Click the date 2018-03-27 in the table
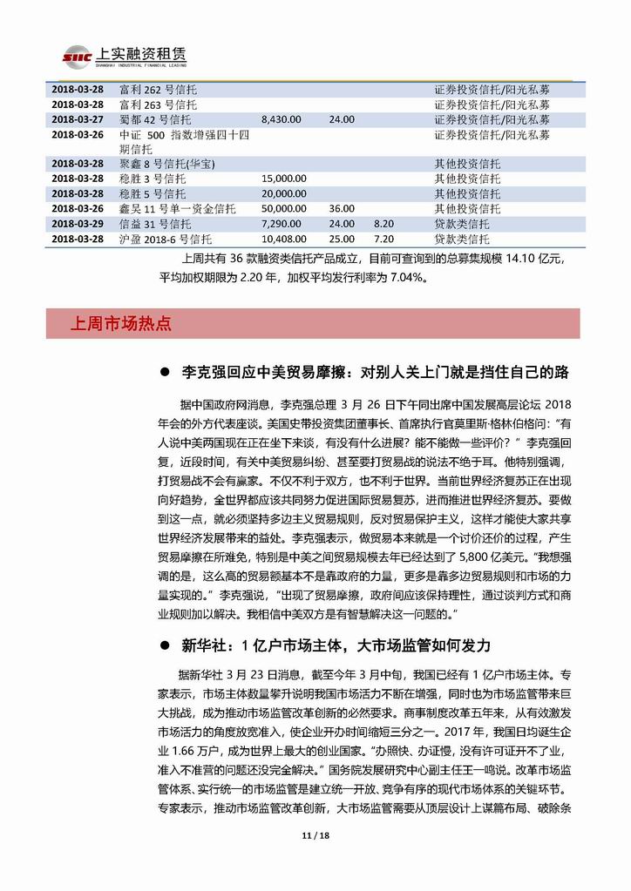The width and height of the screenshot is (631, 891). [78, 119]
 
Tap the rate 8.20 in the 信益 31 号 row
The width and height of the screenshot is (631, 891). [383, 224]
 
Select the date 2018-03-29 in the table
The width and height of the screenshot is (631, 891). [78, 224]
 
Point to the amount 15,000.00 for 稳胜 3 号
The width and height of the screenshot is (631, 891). [284, 179]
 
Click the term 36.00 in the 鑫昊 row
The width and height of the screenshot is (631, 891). [342, 209]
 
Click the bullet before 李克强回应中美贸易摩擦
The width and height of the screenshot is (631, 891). [166, 373]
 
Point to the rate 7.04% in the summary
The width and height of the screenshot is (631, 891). [399, 279]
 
